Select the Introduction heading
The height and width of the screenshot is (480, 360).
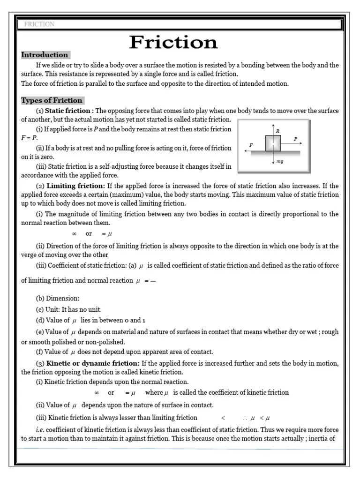(x=45, y=55)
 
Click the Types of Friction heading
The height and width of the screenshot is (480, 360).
(x=52, y=100)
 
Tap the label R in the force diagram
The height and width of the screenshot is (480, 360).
(x=277, y=131)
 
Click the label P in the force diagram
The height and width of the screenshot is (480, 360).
(x=295, y=139)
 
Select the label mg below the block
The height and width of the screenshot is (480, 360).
(x=280, y=161)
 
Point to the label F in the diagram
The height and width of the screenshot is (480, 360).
(x=251, y=145)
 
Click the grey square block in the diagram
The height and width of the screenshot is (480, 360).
(x=273, y=143)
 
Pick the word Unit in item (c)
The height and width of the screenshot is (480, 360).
(x=53, y=309)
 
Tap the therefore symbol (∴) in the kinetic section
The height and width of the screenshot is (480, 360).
(x=245, y=418)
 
